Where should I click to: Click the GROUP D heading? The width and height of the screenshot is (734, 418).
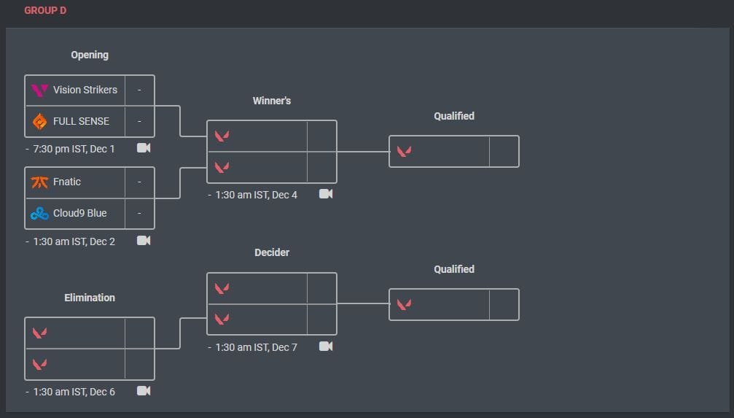click(x=45, y=11)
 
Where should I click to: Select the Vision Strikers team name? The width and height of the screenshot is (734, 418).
click(x=85, y=90)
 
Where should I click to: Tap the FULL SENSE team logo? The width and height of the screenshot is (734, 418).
click(x=39, y=121)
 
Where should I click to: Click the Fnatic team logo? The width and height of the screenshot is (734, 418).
click(x=39, y=182)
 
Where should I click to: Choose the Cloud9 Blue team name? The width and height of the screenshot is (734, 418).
click(x=79, y=214)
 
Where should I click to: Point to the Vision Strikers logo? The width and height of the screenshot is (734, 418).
click(x=39, y=90)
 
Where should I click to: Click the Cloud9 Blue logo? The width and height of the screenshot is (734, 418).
click(x=39, y=214)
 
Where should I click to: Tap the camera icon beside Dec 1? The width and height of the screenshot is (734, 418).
click(x=144, y=148)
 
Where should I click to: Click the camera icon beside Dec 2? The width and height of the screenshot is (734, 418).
click(x=144, y=241)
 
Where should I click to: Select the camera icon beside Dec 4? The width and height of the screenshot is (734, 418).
click(x=326, y=194)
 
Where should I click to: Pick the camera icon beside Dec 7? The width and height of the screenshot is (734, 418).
click(x=326, y=347)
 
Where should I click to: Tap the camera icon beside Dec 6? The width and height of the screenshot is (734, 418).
click(x=144, y=391)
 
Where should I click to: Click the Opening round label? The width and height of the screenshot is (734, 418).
click(x=90, y=55)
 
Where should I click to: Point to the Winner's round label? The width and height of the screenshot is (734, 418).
click(x=272, y=101)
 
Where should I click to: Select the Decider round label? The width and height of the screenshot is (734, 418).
click(x=272, y=252)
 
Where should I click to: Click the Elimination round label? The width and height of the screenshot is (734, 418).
click(x=90, y=298)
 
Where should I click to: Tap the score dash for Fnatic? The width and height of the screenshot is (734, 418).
click(x=139, y=182)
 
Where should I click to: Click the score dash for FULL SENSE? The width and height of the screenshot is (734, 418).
click(x=139, y=121)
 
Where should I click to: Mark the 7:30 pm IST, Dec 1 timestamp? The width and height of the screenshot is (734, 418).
click(x=74, y=149)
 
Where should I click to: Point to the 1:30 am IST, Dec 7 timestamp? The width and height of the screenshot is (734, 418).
click(x=256, y=347)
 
